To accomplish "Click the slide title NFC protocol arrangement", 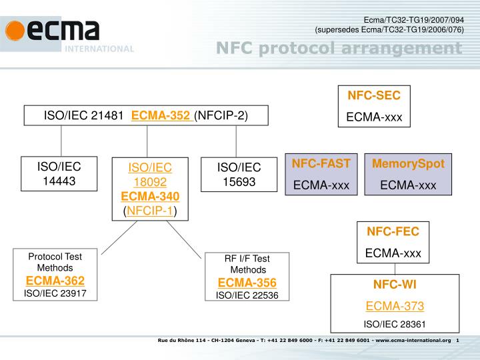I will [x=339, y=48].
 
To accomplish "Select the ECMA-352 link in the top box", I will [x=161, y=115].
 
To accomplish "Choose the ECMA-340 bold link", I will [x=150, y=195].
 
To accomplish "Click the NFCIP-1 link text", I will [x=150, y=211].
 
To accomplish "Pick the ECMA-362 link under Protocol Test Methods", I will [x=55, y=280].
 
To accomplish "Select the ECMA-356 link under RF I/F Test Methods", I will [x=247, y=282].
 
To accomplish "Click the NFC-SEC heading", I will [x=374, y=95].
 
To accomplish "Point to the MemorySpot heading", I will [x=408, y=163].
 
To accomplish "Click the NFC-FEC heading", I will [x=393, y=231].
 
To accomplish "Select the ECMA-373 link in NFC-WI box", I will [x=395, y=306].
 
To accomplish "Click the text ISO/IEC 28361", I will [x=395, y=324].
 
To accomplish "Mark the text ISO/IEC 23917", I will [x=55, y=294].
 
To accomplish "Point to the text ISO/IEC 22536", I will [x=247, y=295].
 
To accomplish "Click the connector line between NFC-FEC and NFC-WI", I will [x=395, y=268].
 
